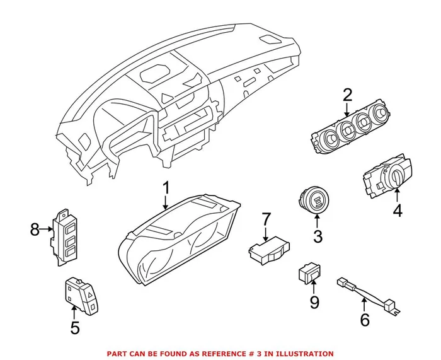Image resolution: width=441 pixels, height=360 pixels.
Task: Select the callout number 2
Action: coord(347,95)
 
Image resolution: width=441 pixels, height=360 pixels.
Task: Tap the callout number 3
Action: coord(318,236)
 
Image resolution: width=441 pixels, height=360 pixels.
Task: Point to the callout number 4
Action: coord(397,211)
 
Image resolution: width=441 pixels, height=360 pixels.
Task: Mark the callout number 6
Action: coord(365,320)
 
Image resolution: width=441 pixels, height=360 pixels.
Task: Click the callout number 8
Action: coord(35,229)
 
